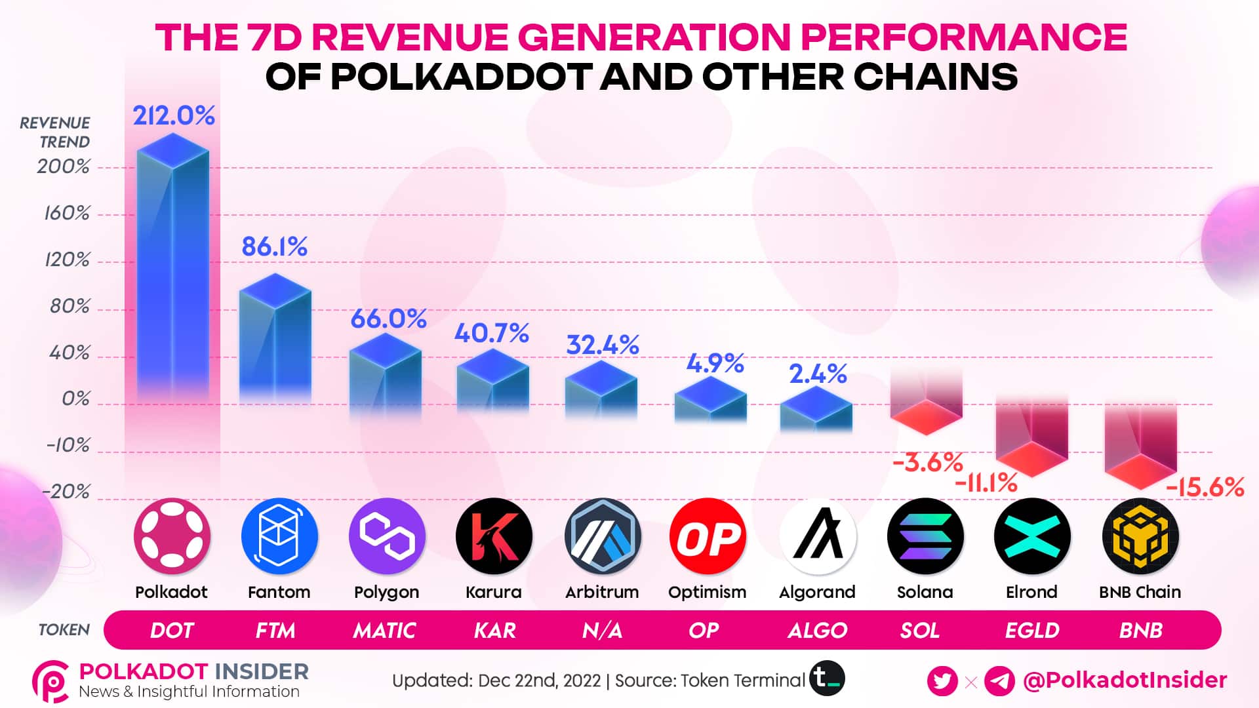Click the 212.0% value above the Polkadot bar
click(174, 116)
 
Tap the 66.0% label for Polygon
click(388, 319)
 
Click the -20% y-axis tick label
click(66, 492)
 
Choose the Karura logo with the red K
click(494, 536)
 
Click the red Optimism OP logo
click(708, 536)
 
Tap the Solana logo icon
click(925, 536)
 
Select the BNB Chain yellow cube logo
click(1140, 536)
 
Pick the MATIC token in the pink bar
click(384, 631)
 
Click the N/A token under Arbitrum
click(602, 631)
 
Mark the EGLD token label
click(1032, 631)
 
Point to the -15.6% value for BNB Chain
click(1205, 488)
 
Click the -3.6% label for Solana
click(927, 463)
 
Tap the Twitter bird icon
click(942, 680)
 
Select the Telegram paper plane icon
click(999, 680)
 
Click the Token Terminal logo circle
click(827, 678)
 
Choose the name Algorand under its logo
click(817, 592)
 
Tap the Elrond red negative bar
click(1031, 436)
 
